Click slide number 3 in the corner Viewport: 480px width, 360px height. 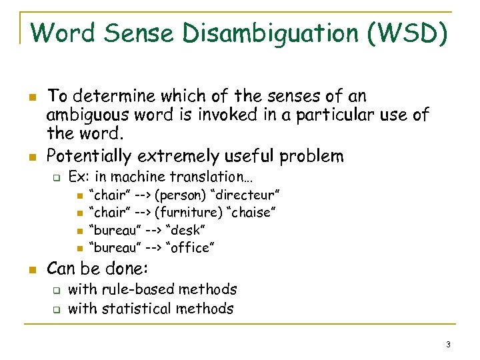pyautogui.click(x=449, y=344)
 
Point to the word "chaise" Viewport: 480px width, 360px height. pyautogui.click(x=251, y=213)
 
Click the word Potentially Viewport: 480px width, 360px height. pyautogui.click(x=90, y=156)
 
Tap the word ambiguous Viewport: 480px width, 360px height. pyautogui.click(x=93, y=115)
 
